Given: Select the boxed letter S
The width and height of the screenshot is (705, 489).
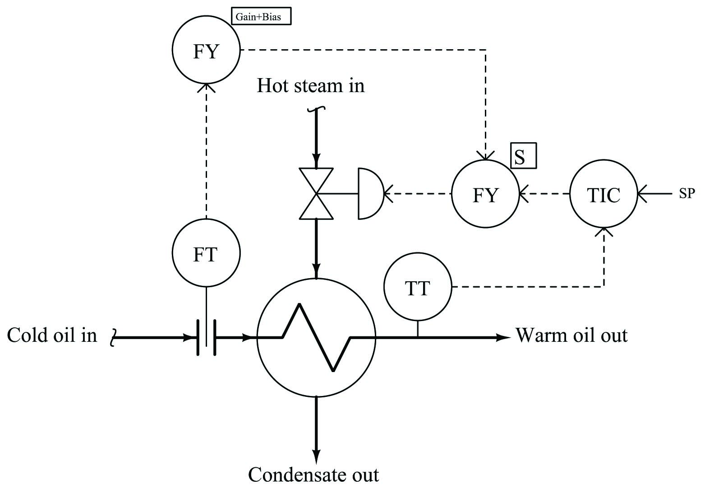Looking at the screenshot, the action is (x=523, y=156).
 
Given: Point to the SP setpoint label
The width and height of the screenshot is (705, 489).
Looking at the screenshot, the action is (x=687, y=193).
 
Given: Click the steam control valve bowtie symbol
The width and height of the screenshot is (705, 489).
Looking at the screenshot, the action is (x=316, y=193).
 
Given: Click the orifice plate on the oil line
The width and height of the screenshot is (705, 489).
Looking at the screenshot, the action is (x=207, y=337).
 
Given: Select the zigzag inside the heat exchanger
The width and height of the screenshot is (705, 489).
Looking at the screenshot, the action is (x=316, y=337).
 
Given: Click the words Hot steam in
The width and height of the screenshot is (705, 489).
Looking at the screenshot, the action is (x=311, y=85).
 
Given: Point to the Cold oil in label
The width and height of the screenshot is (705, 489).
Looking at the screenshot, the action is (x=52, y=335).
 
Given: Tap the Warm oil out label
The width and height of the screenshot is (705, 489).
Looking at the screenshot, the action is (x=571, y=335).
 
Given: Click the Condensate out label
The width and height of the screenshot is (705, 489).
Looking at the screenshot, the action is (x=313, y=475).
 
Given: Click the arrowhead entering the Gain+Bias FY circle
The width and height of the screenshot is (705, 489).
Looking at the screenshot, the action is (x=206, y=88).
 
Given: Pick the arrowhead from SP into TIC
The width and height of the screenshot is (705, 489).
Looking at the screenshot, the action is (x=642, y=193).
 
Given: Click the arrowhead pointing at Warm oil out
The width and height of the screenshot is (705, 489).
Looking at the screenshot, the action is (x=503, y=337).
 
